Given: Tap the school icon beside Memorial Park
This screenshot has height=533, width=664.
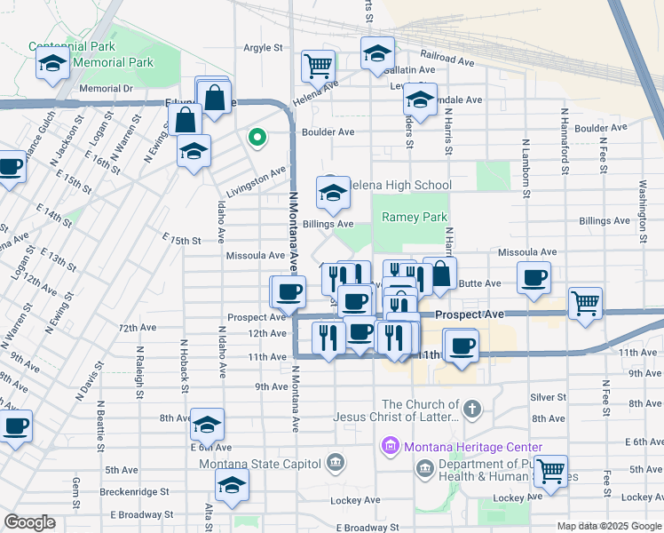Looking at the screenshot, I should click(52, 63).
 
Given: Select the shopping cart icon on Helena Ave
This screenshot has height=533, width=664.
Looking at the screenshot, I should click(318, 65).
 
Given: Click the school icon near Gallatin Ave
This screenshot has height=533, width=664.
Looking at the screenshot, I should click(377, 53).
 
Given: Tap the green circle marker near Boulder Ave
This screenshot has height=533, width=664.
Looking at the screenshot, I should click(257, 137).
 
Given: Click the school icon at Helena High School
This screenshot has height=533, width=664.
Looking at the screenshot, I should click(333, 192).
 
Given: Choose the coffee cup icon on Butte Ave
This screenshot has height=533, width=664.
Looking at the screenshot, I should click(534, 278).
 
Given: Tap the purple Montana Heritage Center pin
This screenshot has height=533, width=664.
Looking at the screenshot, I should click(390, 447).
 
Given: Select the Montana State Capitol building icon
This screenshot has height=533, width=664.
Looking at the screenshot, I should click(336, 462).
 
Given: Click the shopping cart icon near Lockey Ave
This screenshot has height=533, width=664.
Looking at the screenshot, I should click(550, 470).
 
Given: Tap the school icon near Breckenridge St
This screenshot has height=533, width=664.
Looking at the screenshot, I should click(232, 485).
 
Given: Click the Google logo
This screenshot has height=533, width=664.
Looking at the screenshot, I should click(30, 522).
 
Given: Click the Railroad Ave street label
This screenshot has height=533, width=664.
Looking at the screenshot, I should click(447, 60).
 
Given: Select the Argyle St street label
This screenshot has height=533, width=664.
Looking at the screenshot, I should click(263, 48).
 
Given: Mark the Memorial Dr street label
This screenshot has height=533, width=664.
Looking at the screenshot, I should click(105, 89).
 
